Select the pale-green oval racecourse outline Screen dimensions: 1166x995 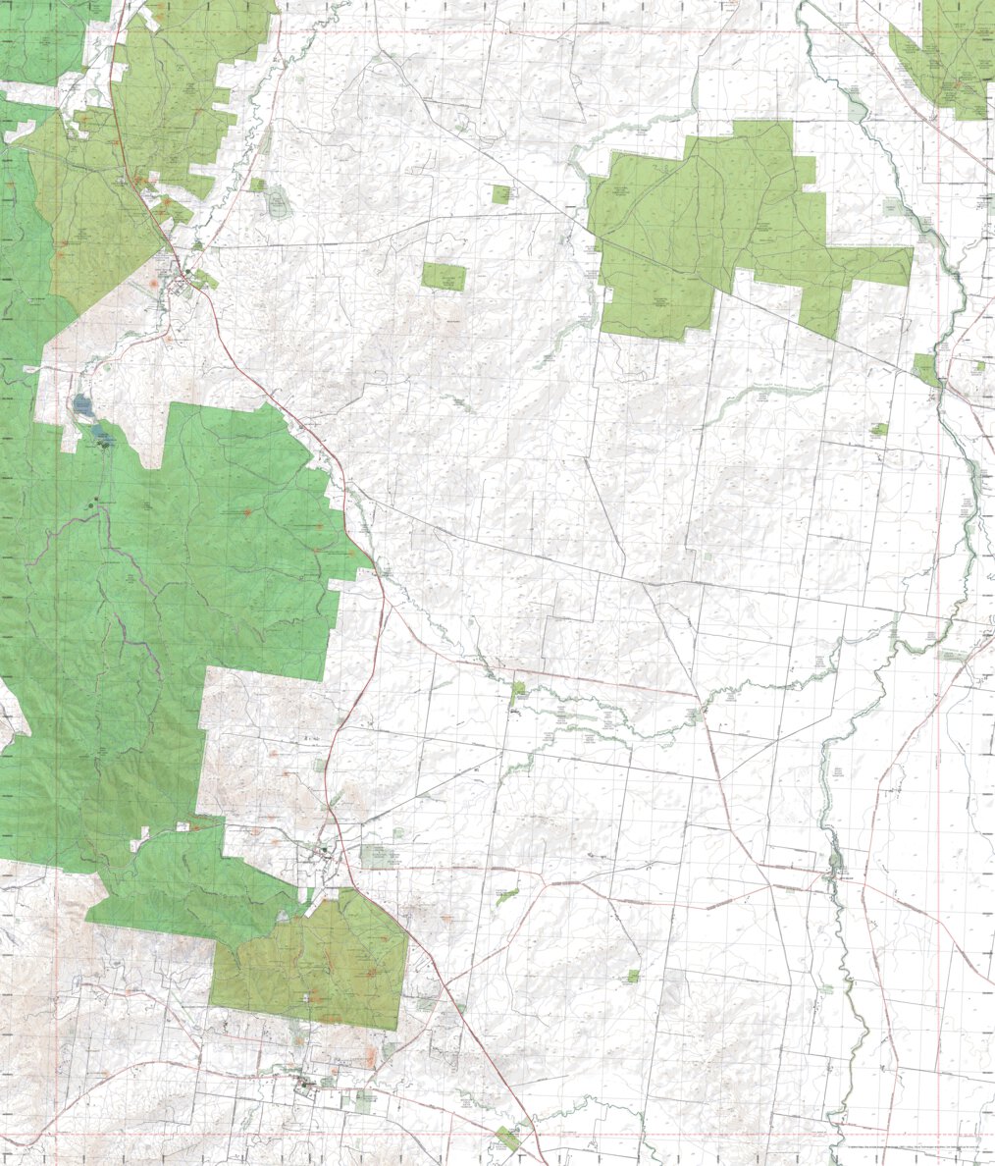[278, 204]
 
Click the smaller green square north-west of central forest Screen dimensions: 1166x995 [501, 194]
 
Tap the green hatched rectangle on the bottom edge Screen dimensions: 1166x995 [507, 1139]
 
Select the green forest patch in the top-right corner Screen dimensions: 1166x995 [945, 59]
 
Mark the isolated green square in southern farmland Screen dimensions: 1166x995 [633, 977]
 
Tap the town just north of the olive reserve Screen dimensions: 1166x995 [324, 854]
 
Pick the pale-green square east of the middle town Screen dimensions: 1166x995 [378, 857]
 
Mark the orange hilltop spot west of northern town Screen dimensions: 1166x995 [153, 285]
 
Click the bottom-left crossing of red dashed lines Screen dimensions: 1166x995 [56, 1138]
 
